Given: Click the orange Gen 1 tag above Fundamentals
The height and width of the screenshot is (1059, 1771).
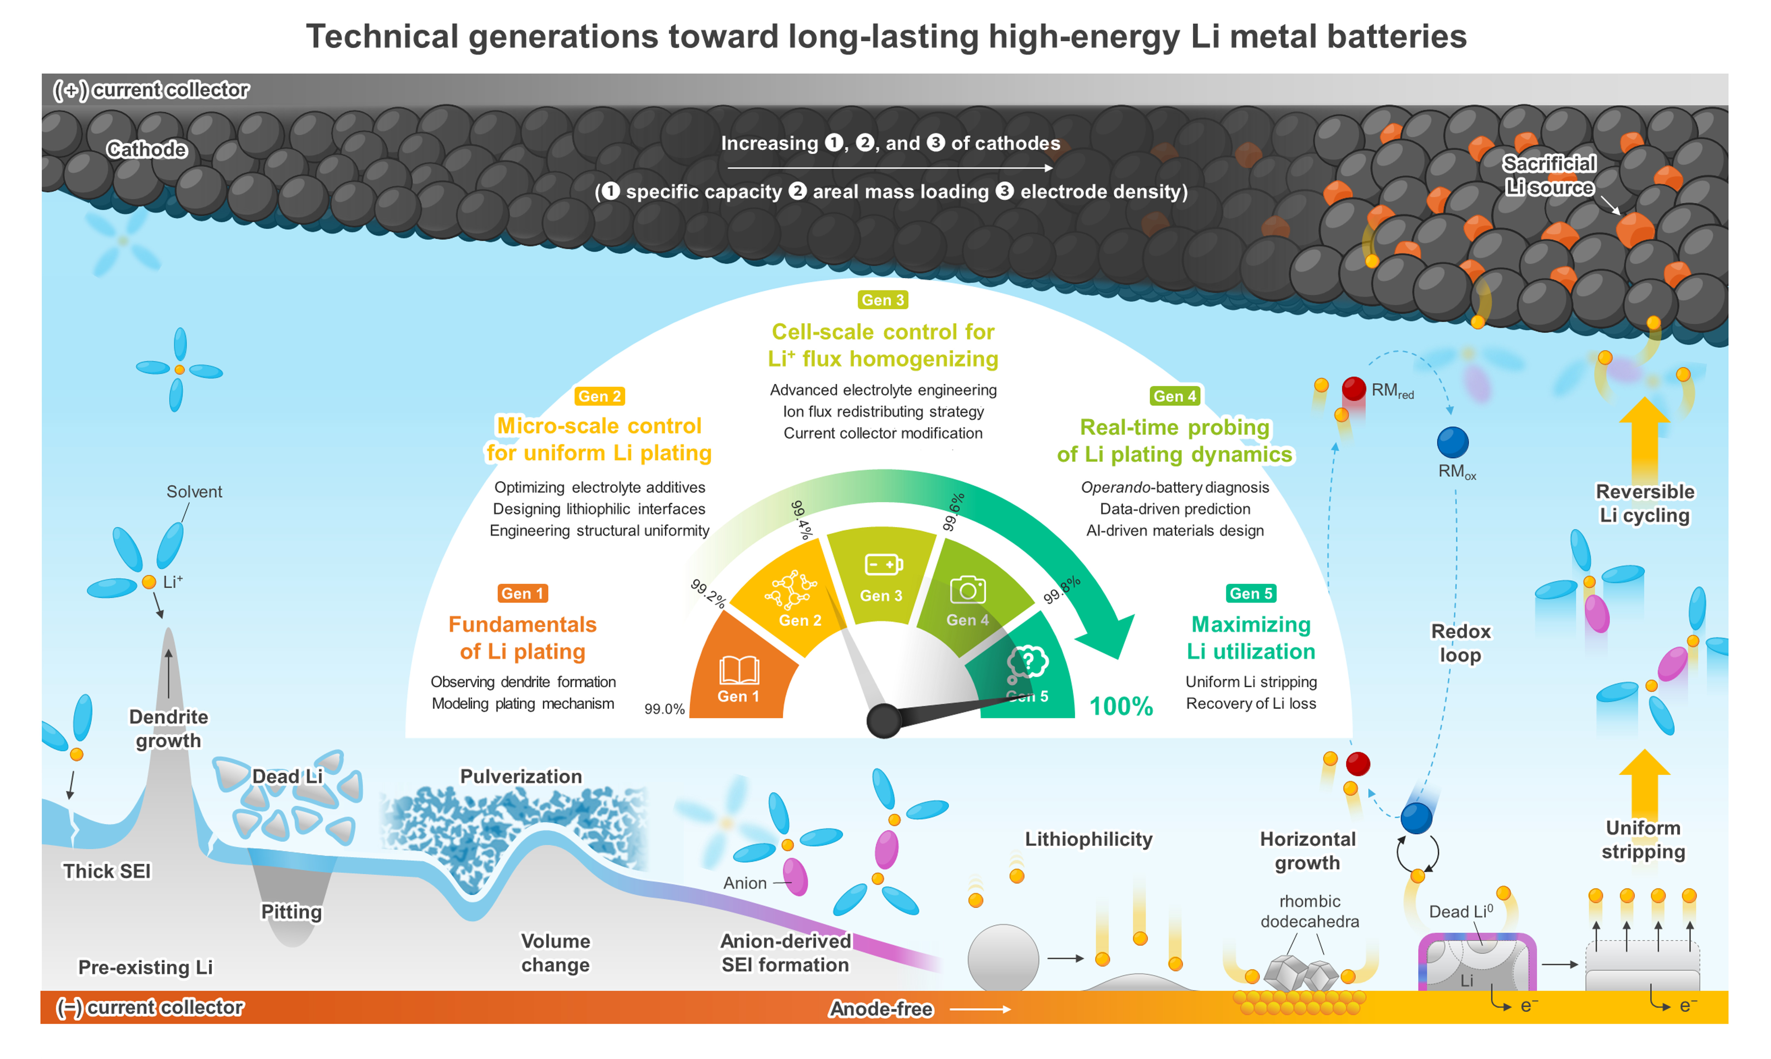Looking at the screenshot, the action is [x=522, y=593].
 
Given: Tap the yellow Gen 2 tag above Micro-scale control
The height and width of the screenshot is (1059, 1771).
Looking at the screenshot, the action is [x=600, y=396].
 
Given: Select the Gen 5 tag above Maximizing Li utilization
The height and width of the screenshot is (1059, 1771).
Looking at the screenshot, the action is [x=1250, y=593].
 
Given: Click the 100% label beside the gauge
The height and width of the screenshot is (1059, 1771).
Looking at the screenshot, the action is [x=1120, y=707].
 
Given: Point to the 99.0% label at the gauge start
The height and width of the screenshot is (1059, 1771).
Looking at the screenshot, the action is [x=664, y=709].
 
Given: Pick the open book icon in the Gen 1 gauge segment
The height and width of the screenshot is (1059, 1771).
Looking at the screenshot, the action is [x=739, y=670].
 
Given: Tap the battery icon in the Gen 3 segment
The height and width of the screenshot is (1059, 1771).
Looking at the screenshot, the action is [x=883, y=565].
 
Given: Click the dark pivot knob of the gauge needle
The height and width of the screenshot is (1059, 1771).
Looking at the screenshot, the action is [x=884, y=721].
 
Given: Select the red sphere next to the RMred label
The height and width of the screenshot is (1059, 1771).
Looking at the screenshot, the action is [x=1353, y=389].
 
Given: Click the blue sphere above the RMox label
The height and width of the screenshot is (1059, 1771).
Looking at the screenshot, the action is [x=1452, y=442].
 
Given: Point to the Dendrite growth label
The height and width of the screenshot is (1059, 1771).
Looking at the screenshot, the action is [x=168, y=729].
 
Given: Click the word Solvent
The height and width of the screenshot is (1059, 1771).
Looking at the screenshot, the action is [x=194, y=492].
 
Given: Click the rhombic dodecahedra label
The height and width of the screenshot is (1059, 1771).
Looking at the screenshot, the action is [x=1310, y=911].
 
